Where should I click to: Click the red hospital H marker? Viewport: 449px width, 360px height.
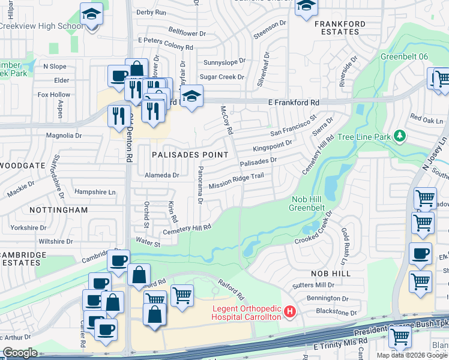(x=291, y=311)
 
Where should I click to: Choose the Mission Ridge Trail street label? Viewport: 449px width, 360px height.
(x=237, y=182)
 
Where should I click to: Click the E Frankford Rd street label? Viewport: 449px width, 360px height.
(x=293, y=103)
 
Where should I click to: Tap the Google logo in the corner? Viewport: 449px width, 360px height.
(x=20, y=353)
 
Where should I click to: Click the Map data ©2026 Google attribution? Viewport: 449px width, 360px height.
(x=412, y=355)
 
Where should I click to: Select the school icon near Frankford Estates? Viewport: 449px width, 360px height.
(x=306, y=6)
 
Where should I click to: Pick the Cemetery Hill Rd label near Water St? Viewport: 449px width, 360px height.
(x=187, y=229)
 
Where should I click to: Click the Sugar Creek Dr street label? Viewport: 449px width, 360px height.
(x=221, y=77)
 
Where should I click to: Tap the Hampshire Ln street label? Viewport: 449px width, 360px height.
(x=95, y=192)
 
